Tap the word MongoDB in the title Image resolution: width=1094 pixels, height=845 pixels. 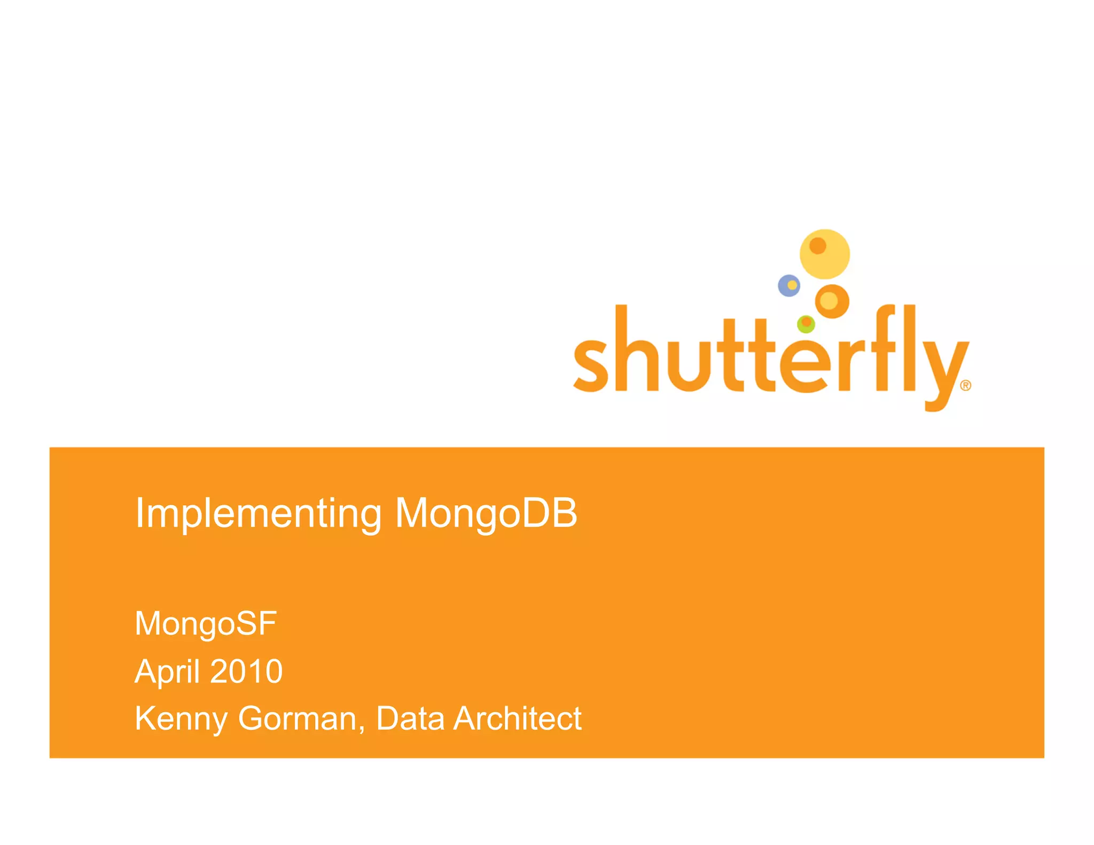pos(486,513)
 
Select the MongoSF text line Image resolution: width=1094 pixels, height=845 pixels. pos(206,623)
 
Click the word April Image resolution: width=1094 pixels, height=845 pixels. pos(166,671)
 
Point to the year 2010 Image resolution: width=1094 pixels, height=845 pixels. pos(246,671)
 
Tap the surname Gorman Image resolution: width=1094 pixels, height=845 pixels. pos(297,718)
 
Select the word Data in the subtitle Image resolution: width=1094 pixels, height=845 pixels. pos(410,718)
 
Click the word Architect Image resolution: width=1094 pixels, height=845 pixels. pos(517,718)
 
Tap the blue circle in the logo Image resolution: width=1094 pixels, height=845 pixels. pos(789,286)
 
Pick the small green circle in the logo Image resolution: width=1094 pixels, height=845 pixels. pos(806,324)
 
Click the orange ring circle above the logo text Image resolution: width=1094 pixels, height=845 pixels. pos(832,301)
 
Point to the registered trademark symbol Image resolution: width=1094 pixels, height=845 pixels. pos(966,386)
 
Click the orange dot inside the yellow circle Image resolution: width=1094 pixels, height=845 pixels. pos(818,246)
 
